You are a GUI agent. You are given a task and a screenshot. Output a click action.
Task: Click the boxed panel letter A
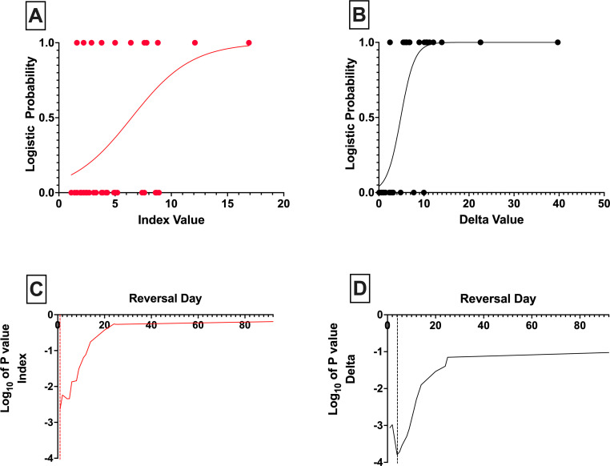tap(36, 16)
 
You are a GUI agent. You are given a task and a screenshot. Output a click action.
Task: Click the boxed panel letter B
tap(359, 16)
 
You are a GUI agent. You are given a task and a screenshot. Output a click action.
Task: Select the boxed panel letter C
tap(36, 289)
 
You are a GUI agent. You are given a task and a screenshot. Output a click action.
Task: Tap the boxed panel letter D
tap(359, 289)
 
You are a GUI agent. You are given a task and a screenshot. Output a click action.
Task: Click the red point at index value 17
tap(249, 42)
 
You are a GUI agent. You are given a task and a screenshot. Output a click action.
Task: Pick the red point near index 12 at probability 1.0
tap(195, 42)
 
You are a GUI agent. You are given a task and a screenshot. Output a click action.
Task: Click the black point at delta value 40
tap(557, 42)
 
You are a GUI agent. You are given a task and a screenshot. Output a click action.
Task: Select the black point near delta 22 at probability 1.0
tap(480, 42)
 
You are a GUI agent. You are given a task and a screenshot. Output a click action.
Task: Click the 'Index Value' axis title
tap(171, 220)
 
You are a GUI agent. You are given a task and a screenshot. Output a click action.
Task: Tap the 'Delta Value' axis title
tap(492, 219)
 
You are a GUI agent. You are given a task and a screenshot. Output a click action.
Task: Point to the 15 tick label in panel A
tap(227, 203)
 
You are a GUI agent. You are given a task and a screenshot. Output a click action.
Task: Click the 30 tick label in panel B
tap(514, 203)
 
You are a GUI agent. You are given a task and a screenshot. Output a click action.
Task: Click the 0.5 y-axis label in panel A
tap(46, 118)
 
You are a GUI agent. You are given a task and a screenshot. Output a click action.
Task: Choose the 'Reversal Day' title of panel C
tap(166, 299)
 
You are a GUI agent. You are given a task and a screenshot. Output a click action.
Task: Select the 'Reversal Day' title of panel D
tap(498, 299)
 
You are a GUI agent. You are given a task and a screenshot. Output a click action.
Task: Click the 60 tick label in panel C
tap(198, 325)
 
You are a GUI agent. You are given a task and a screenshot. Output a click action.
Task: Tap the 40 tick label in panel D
tap(484, 326)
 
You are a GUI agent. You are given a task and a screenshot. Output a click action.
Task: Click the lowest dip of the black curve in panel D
tap(397, 454)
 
